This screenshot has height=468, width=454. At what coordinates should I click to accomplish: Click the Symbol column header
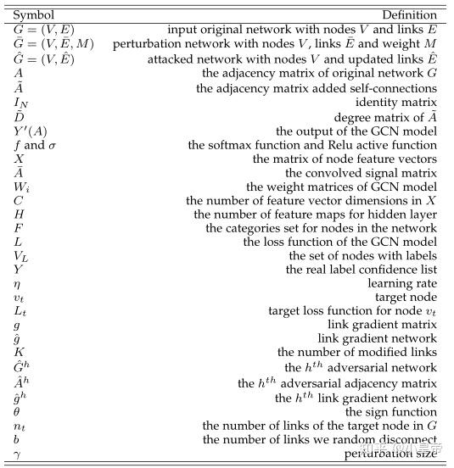pyautogui.click(x=33, y=15)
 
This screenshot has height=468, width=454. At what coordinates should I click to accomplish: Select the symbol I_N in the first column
pyautogui.click(x=21, y=103)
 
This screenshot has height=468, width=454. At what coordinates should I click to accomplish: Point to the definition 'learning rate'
pyautogui.click(x=403, y=283)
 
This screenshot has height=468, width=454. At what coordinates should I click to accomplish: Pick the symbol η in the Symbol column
pyautogui.click(x=17, y=283)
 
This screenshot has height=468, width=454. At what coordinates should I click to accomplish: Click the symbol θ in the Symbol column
pyautogui.click(x=17, y=411)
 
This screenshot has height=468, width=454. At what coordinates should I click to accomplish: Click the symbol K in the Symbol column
pyautogui.click(x=19, y=353)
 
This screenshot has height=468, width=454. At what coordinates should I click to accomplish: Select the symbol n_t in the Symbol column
pyautogui.click(x=20, y=426)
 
